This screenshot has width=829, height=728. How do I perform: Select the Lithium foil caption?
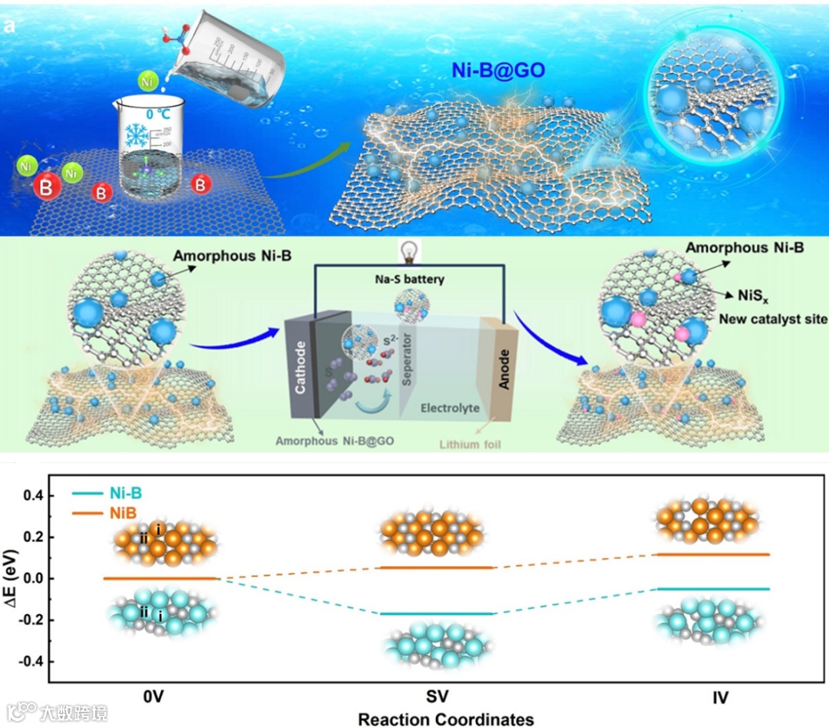470,443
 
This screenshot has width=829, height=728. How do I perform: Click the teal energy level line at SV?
437,614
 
